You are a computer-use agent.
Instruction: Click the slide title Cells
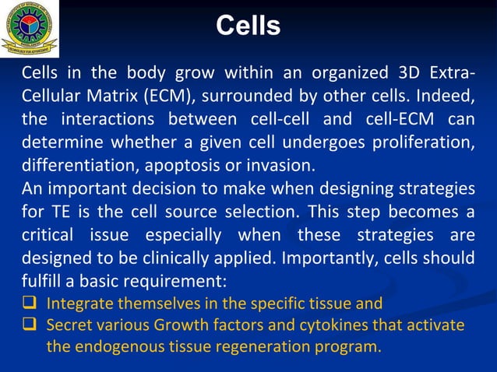click(x=248, y=26)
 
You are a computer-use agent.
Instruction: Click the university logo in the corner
click(x=29, y=29)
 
